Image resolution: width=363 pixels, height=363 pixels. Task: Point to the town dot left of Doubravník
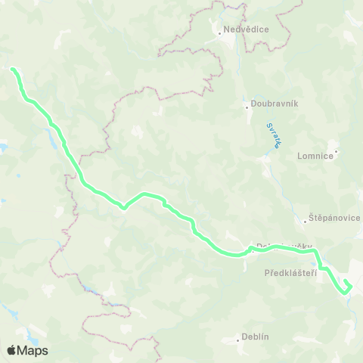click(x=247, y=106)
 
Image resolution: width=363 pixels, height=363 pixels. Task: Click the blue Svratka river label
click(x=273, y=137)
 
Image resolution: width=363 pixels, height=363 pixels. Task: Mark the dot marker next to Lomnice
click(x=337, y=153)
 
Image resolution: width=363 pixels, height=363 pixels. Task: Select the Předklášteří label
click(x=290, y=272)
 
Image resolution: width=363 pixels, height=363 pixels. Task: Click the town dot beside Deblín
click(x=235, y=337)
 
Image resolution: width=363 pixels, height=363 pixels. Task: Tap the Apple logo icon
click(x=11, y=350)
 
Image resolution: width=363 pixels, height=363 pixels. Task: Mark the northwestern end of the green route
click(x=13, y=70)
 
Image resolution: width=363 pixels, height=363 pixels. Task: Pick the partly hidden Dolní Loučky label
click(x=280, y=247)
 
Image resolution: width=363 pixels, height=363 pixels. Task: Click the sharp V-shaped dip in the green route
click(x=124, y=204)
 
